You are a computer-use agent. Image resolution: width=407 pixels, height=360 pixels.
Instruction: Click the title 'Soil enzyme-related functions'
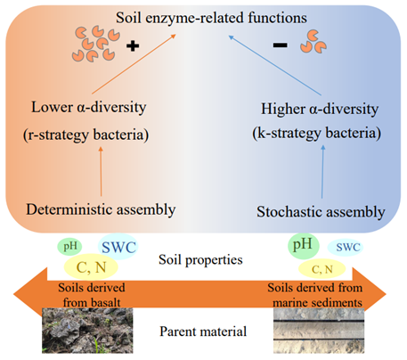211,18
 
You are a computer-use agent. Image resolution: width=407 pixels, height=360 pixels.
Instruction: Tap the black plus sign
133,46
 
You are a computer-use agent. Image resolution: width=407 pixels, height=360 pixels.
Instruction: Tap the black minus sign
280,45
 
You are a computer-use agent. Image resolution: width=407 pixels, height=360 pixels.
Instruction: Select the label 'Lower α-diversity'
89,107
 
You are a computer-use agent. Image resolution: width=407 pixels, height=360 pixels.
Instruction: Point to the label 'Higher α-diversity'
320,109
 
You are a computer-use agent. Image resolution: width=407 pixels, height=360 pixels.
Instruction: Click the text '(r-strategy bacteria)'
86,135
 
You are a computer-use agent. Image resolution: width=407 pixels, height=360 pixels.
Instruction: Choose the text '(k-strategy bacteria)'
317,133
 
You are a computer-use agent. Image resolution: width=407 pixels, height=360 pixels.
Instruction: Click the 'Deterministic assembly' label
101,209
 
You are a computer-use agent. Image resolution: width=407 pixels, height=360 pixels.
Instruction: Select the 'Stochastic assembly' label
321,212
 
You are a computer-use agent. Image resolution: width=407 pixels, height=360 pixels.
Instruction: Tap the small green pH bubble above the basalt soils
69,246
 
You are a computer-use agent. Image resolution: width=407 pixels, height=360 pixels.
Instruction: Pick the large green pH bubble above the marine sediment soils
304,246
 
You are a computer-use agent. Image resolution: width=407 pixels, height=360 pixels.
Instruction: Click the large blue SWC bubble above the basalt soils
118,247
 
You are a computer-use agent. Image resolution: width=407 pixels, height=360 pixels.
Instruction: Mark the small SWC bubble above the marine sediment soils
346,247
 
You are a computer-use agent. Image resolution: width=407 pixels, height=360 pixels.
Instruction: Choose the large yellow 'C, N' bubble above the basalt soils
91,266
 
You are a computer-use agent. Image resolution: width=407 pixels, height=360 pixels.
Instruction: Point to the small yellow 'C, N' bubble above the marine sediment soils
322,269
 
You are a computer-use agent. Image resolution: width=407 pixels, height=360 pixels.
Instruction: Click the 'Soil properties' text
200,260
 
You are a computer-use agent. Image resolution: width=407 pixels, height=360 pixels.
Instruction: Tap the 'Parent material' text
203,331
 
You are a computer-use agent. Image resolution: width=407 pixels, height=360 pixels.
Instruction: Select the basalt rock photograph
87,331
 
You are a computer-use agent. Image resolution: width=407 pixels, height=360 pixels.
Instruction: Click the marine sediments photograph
319,331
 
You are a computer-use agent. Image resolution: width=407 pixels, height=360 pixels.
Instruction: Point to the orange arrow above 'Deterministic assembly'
101,171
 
